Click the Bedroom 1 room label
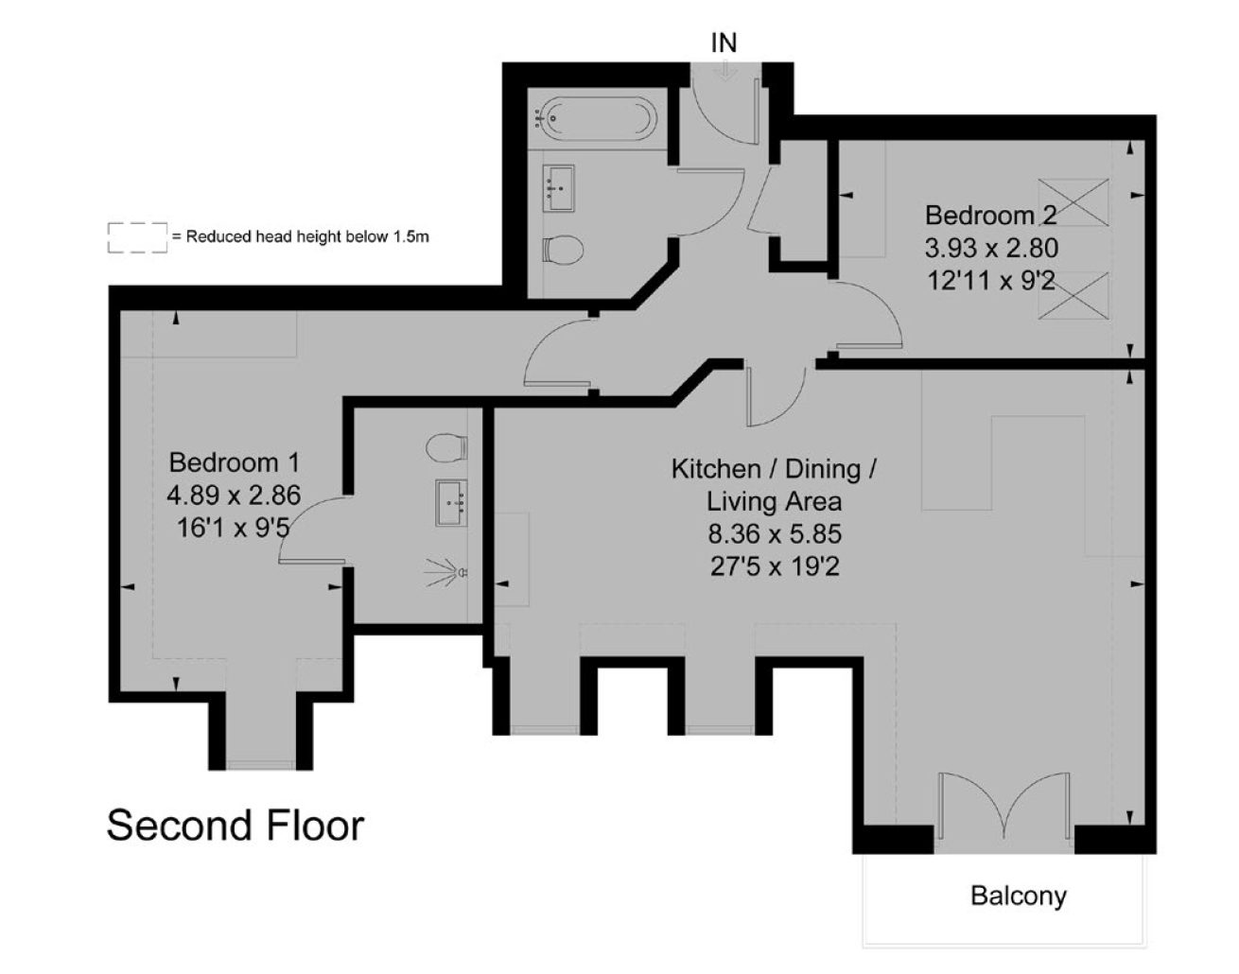click(x=235, y=462)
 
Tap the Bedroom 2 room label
click(x=991, y=216)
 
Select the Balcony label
click(x=1018, y=896)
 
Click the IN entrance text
click(x=724, y=43)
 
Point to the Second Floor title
click(x=236, y=826)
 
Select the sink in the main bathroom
click(x=558, y=188)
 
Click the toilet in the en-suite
click(x=446, y=447)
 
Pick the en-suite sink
click(x=451, y=502)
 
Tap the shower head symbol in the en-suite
click(x=446, y=572)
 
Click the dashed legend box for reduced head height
click(x=137, y=237)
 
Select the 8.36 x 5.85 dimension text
click(x=775, y=533)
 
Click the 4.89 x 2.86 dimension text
click(x=234, y=496)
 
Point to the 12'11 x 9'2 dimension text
click(x=991, y=281)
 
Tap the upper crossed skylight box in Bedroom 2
click(x=1073, y=202)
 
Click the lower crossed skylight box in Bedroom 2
click(x=1073, y=295)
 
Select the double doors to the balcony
click(x=1004, y=806)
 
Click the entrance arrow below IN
click(x=724, y=70)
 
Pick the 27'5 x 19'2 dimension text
click(x=775, y=566)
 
